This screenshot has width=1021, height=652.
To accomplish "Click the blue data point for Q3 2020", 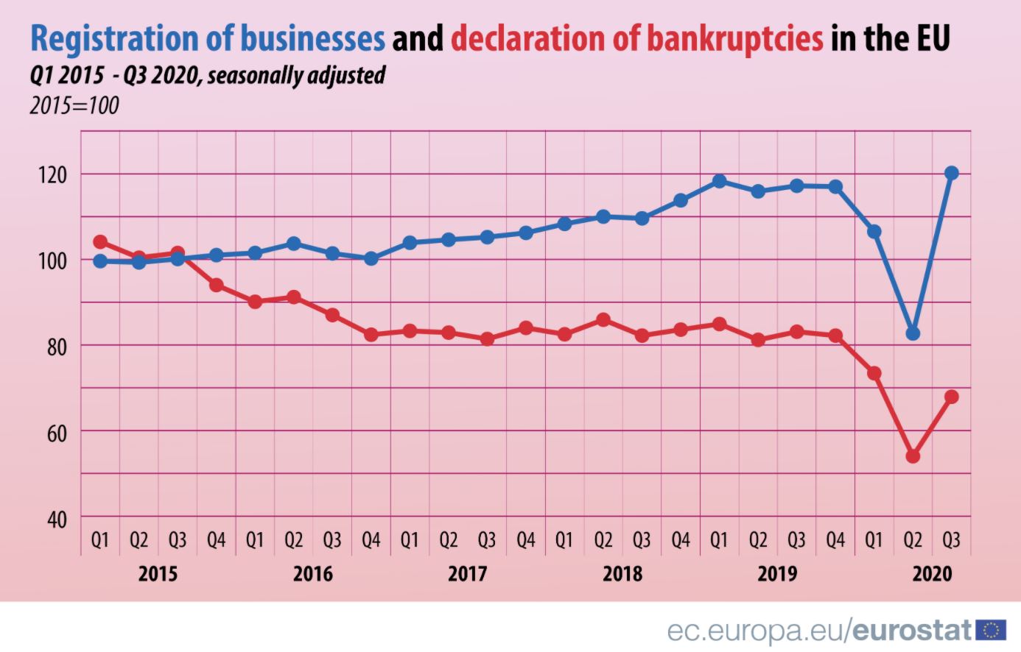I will point(951,173).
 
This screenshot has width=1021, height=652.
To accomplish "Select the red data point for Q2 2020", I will point(913,456).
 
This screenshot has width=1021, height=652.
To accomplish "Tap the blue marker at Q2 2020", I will point(913,333).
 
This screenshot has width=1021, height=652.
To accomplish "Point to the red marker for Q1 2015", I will point(100,242).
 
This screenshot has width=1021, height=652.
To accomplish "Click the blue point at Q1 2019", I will point(719,181).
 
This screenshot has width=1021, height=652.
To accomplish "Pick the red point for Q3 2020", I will point(951,397).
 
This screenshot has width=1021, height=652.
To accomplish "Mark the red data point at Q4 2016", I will point(371,334).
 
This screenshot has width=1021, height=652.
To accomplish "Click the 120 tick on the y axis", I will point(57,175).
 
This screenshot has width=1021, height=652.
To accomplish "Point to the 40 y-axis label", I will point(57,520).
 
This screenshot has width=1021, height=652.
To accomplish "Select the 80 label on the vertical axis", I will point(57,347).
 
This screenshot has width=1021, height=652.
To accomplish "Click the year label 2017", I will point(468,573).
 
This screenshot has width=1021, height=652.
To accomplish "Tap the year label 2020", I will point(932,573).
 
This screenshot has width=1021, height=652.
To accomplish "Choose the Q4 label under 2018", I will point(681,541).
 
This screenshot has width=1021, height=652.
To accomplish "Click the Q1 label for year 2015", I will point(100,541).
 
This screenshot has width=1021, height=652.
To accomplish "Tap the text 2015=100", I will point(74,106).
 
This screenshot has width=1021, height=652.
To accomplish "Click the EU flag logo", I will point(991,630).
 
